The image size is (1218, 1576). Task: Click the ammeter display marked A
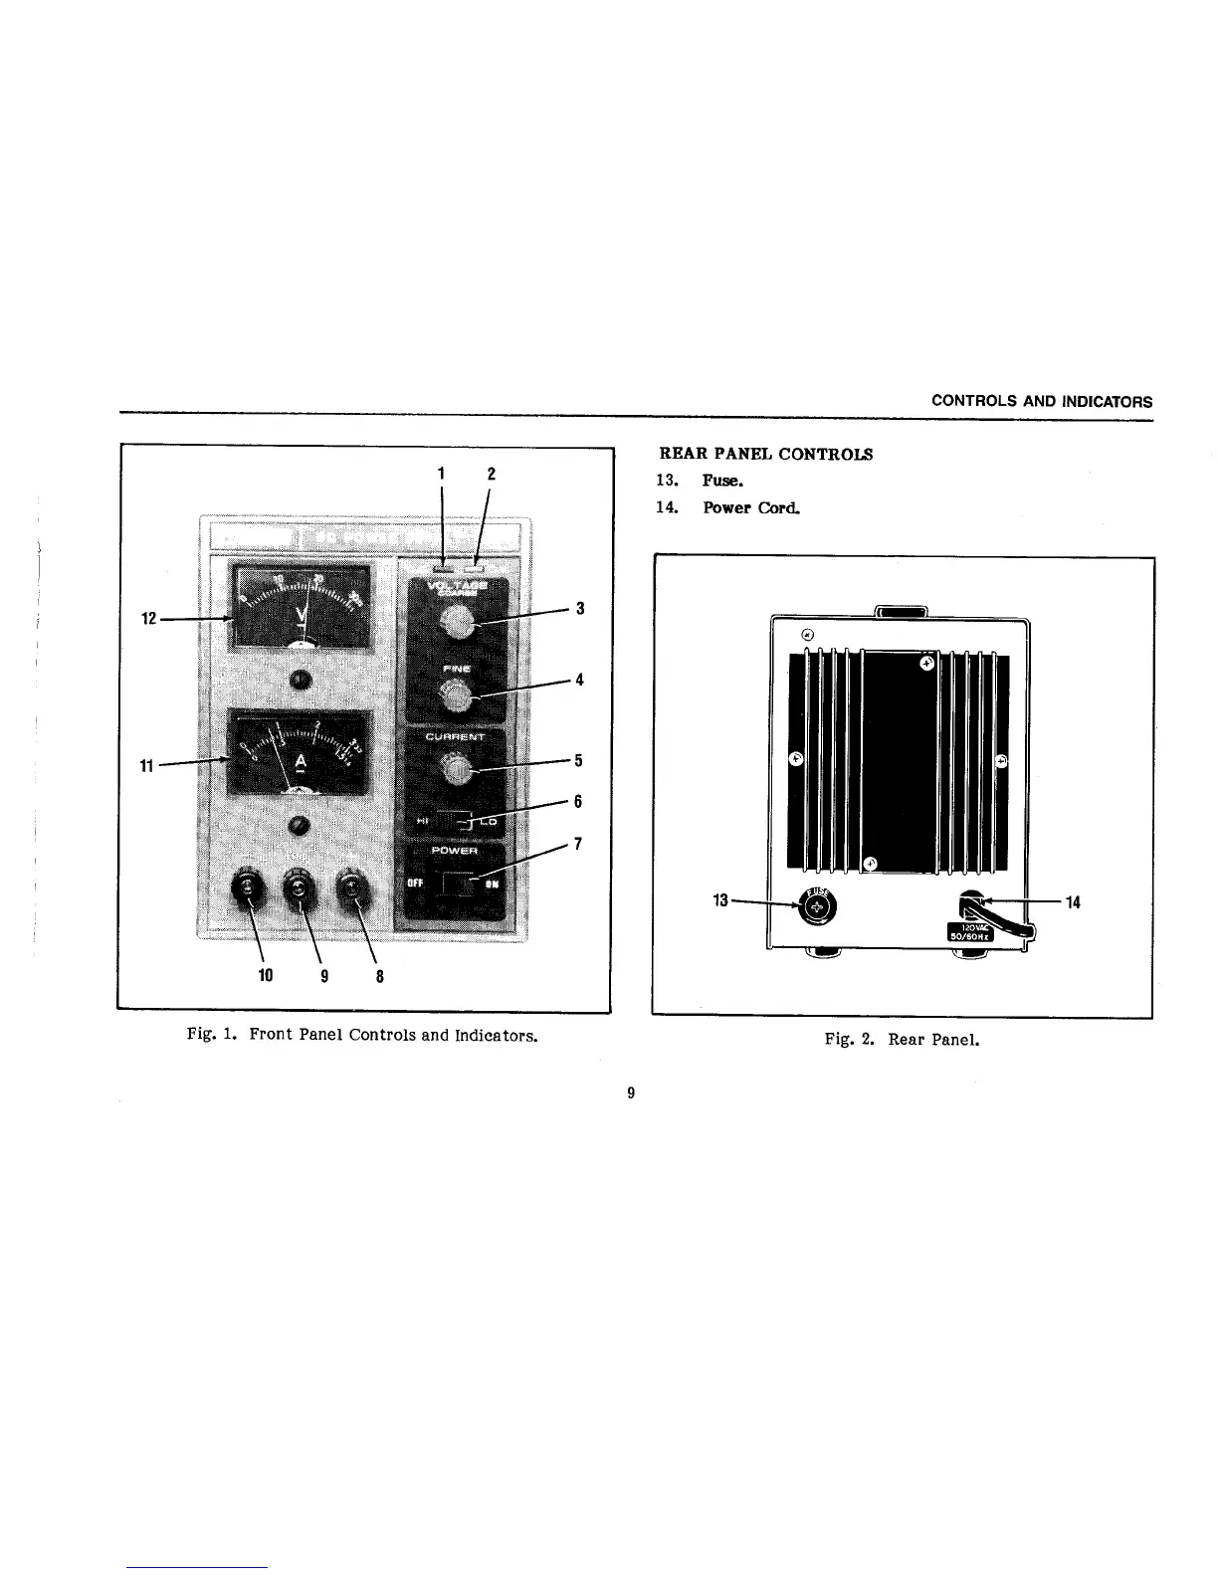pyautogui.click(x=300, y=753)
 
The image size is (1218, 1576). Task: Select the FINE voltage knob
pyautogui.click(x=456, y=694)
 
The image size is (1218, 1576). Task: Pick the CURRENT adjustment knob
pyautogui.click(x=456, y=769)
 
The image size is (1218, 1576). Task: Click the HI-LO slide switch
pyautogui.click(x=456, y=822)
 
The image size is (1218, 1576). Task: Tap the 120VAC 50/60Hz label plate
pyautogui.click(x=961, y=929)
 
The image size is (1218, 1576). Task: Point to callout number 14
pyautogui.click(x=1073, y=902)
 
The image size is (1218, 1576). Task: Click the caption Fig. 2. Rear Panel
pyautogui.click(x=902, y=1040)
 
